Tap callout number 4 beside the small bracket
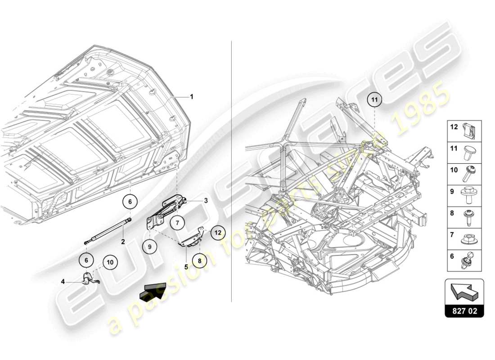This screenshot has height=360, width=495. (x=63, y=282)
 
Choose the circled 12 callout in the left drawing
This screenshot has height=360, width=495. (x=218, y=233)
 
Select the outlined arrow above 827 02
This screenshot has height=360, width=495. (x=464, y=292)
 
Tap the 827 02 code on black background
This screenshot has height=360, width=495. (x=464, y=311)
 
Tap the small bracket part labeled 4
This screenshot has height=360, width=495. (x=89, y=279)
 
